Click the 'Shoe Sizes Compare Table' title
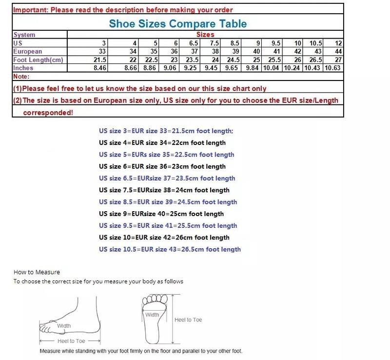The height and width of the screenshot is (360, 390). (x=178, y=23)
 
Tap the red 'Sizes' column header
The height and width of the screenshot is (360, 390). (x=205, y=34)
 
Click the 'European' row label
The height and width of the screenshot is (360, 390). (x=28, y=51)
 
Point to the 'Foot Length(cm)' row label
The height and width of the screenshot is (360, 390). (x=38, y=60)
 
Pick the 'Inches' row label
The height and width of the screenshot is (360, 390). (x=23, y=68)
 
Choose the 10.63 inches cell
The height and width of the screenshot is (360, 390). (x=332, y=68)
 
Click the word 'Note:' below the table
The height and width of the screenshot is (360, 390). (x=21, y=77)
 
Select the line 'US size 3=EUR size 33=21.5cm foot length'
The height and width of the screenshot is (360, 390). (x=166, y=131)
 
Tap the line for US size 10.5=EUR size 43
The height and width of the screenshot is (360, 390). (x=170, y=249)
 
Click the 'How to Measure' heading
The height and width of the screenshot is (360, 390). (x=37, y=272)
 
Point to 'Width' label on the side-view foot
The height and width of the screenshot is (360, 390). (x=64, y=326)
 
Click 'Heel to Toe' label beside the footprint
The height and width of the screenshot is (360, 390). (x=188, y=320)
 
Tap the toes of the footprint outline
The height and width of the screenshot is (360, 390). (x=155, y=299)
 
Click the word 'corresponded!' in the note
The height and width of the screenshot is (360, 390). (x=48, y=113)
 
